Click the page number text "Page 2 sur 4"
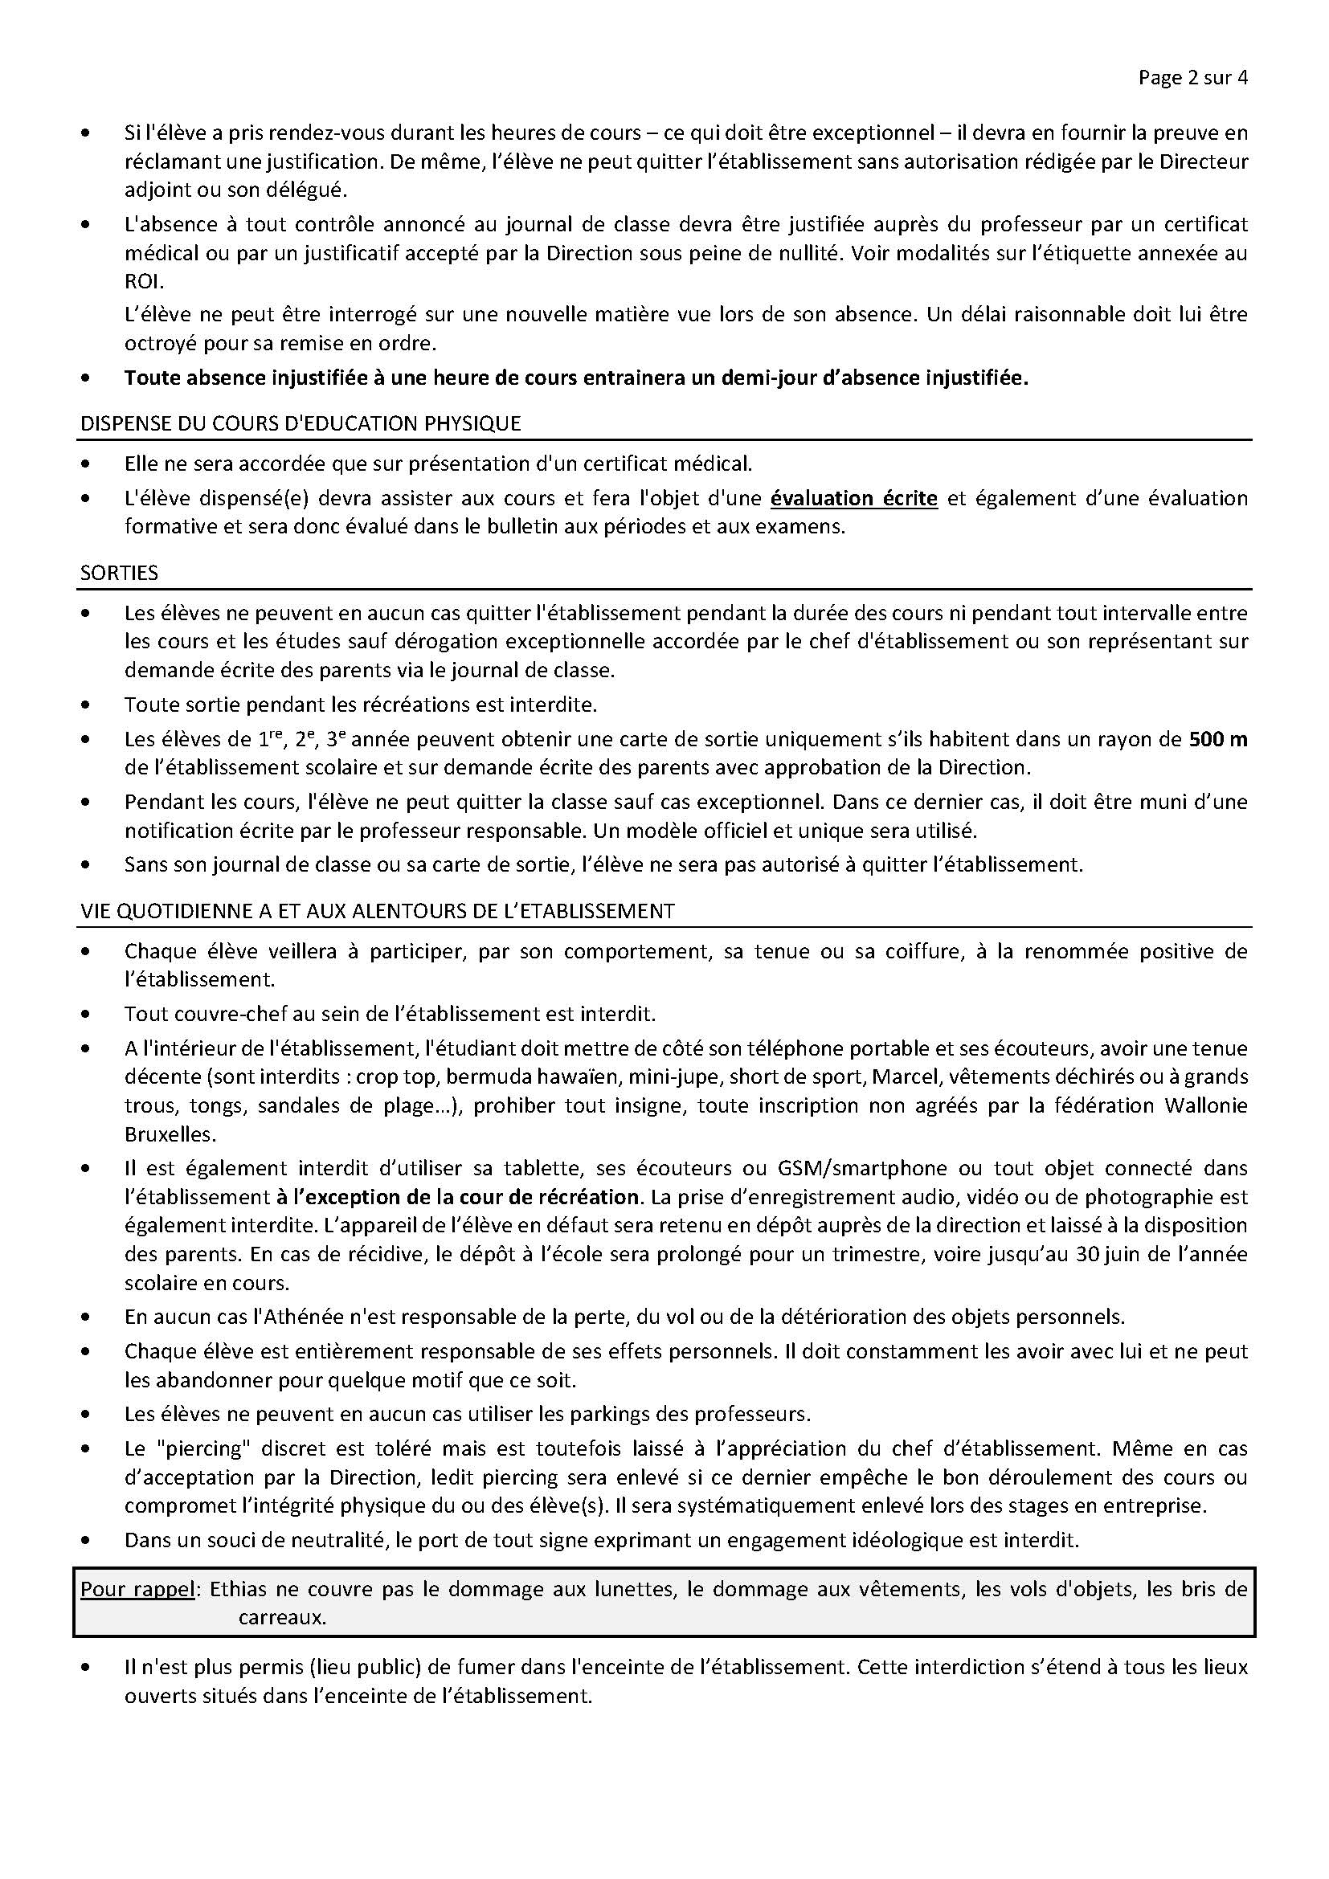tap(1192, 78)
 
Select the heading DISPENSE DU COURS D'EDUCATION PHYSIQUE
tap(300, 423)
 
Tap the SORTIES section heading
tap(119, 573)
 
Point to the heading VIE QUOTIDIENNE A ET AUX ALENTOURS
tap(376, 911)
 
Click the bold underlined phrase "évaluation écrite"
tap(853, 498)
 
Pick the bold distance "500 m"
tap(1217, 739)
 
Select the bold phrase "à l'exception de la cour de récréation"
tap(456, 1197)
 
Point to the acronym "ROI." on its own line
tap(144, 282)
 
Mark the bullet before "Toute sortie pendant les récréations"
tap(87, 705)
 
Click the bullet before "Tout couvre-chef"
tap(87, 1015)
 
